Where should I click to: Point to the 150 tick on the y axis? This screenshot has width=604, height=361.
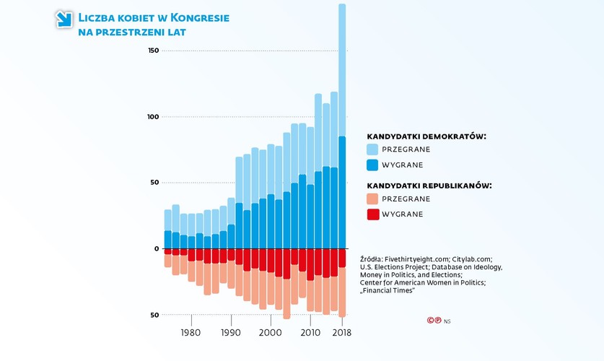point(152,51)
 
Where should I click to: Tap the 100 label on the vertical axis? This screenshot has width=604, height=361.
point(152,116)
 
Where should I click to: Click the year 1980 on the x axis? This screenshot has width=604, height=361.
point(191,333)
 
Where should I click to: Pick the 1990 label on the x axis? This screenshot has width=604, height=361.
point(230,333)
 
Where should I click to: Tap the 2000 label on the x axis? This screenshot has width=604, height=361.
point(270,333)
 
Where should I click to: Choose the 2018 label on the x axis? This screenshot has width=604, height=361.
point(341,333)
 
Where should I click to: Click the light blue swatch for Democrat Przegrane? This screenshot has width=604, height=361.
point(372,149)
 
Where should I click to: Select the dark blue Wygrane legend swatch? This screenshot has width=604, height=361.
point(372,165)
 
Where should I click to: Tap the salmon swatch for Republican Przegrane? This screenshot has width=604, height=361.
point(372,199)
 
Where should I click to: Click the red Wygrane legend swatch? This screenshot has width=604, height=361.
point(372,214)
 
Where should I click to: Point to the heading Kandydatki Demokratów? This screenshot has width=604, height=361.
point(426,136)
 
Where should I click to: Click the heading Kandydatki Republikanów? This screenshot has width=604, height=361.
point(429,186)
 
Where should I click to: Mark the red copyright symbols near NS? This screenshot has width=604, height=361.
point(434,321)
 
